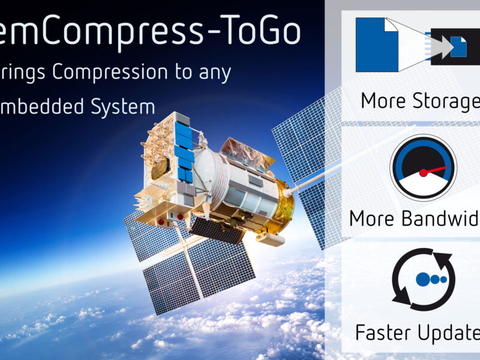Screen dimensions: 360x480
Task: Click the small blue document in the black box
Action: tap(459, 47)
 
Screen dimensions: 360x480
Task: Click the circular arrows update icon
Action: tap(424, 279)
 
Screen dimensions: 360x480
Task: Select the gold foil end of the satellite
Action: tap(282, 207)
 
